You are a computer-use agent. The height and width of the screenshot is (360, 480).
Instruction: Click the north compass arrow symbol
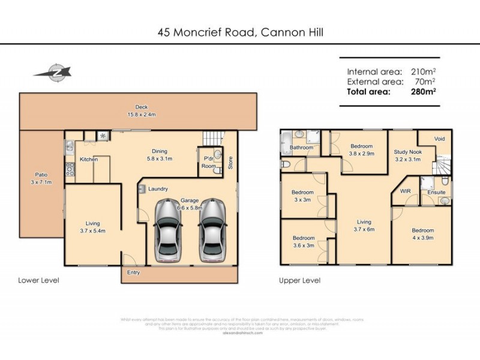click(52, 72)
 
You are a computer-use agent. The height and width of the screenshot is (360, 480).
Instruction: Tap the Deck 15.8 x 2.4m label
click(141, 111)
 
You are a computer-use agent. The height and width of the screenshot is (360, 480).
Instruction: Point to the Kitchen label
click(89, 160)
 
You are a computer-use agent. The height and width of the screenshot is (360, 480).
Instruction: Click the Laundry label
click(158, 189)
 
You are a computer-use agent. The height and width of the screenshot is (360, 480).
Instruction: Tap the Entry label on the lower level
click(133, 272)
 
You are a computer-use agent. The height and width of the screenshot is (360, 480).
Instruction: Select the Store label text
click(230, 163)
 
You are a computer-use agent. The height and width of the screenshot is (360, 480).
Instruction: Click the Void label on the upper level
click(440, 139)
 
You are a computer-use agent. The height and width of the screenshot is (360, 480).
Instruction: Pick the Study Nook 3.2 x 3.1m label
click(408, 155)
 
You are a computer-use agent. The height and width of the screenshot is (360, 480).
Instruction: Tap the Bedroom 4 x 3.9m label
click(422, 234)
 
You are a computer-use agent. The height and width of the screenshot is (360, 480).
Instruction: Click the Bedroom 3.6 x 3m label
click(303, 242)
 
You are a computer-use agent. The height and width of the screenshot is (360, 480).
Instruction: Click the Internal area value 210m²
click(423, 71)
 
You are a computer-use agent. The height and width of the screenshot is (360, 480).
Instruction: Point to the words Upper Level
click(299, 280)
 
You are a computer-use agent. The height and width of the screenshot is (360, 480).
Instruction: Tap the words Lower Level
click(38, 280)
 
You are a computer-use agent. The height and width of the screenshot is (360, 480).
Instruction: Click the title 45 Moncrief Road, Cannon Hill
click(239, 32)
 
